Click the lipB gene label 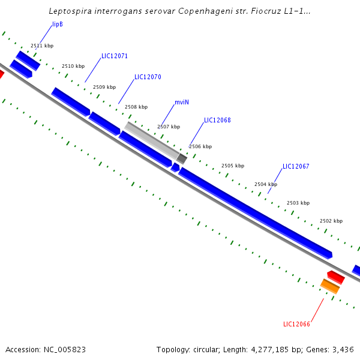[58, 24]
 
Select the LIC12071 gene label [115, 56]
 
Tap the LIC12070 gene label [148, 77]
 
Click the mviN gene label [182, 102]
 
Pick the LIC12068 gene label [217, 121]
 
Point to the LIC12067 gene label [296, 167]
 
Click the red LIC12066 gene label [296, 325]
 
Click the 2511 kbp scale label [42, 46]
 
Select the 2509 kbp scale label [104, 88]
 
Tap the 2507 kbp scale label [169, 127]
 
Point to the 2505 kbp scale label [233, 166]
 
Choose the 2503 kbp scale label [298, 203]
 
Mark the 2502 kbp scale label [331, 221]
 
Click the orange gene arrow [330, 286]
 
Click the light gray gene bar [151, 140]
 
